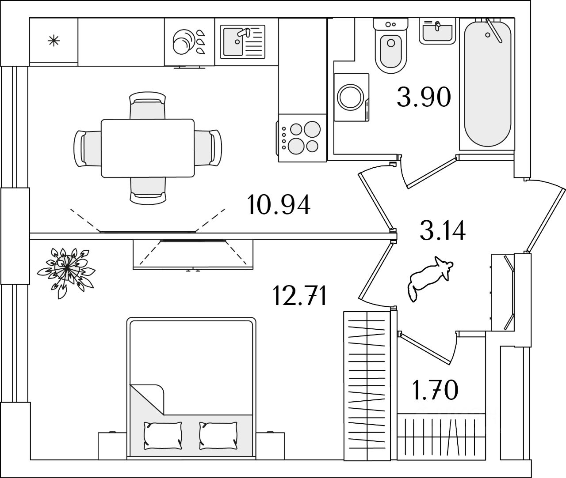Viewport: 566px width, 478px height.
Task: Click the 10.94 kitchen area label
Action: point(279,205)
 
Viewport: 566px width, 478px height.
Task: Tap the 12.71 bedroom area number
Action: point(300,295)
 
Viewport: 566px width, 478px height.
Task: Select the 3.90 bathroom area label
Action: point(424,97)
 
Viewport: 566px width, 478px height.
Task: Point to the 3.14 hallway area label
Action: point(443,230)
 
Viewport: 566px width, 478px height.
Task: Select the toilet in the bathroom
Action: point(391,45)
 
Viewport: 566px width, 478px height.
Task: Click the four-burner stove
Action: point(302,138)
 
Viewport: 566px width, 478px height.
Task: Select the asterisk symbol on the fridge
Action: point(54,41)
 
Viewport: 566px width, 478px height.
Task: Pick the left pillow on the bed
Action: point(163,436)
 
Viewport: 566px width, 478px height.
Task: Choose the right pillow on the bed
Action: point(218,436)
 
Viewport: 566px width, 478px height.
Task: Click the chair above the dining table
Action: point(148,105)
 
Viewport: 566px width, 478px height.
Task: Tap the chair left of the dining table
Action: point(88,148)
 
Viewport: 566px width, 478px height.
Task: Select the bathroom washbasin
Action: point(437,31)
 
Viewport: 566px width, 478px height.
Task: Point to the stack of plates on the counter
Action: point(181,42)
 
